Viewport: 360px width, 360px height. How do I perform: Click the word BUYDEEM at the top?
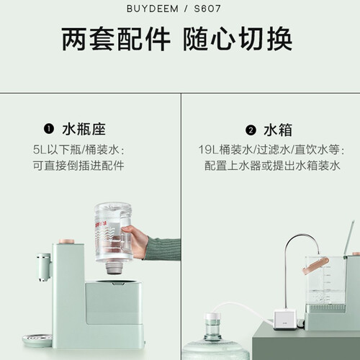(x=153, y=9)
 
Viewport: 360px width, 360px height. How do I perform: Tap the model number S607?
(x=207, y=9)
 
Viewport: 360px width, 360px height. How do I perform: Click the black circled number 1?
(x=49, y=129)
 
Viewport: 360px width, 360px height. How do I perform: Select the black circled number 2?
(x=251, y=130)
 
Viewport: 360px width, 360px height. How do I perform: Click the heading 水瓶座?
(x=84, y=130)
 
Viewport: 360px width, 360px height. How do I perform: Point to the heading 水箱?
(x=278, y=130)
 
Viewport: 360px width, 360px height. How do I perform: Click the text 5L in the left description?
(x=40, y=150)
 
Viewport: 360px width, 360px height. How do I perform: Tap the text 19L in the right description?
(x=208, y=150)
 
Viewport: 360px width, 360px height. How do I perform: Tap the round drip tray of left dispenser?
(x=37, y=341)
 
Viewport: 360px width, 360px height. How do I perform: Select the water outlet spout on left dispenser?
(x=45, y=267)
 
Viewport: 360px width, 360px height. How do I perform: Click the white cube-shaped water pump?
(x=286, y=319)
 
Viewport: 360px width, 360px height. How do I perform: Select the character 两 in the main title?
(x=74, y=39)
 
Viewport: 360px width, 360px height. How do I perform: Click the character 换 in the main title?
(x=279, y=39)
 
